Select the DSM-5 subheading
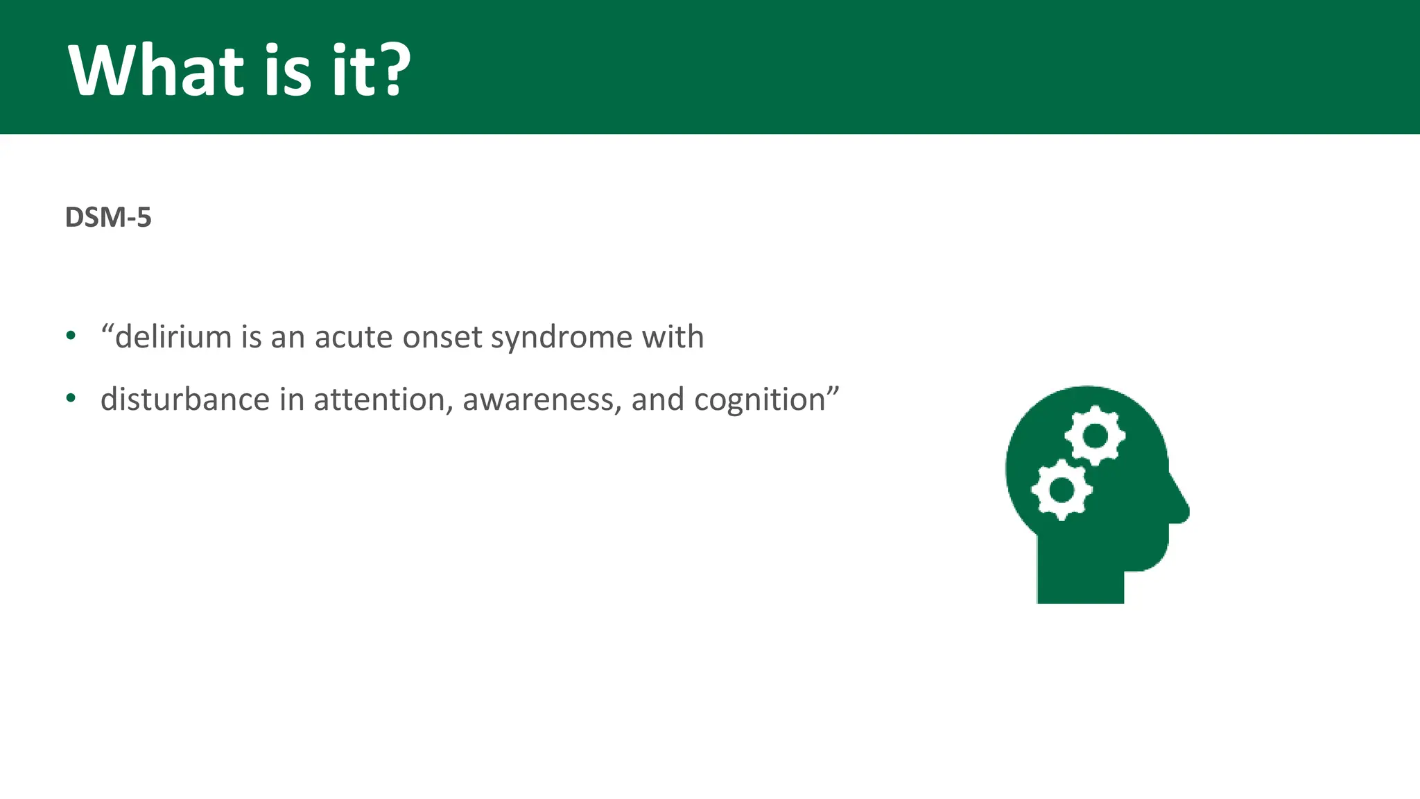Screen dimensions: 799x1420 pyautogui.click(x=108, y=218)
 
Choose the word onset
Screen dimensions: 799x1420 pyautogui.click(x=442, y=338)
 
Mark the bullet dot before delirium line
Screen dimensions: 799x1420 pyautogui.click(x=71, y=336)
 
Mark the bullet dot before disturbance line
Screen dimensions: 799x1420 pyautogui.click(x=71, y=399)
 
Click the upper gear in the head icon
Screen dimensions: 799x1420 pyautogui.click(x=1096, y=436)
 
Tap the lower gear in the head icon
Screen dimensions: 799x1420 pyautogui.click(x=1062, y=490)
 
